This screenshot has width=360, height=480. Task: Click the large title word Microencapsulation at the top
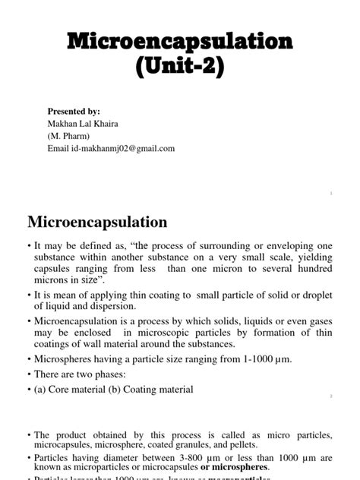click(180, 42)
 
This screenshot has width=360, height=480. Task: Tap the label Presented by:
click(74, 111)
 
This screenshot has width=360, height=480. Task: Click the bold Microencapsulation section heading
click(97, 223)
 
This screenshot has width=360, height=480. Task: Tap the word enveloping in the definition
click(273, 248)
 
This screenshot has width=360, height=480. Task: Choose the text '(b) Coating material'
click(152, 390)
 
